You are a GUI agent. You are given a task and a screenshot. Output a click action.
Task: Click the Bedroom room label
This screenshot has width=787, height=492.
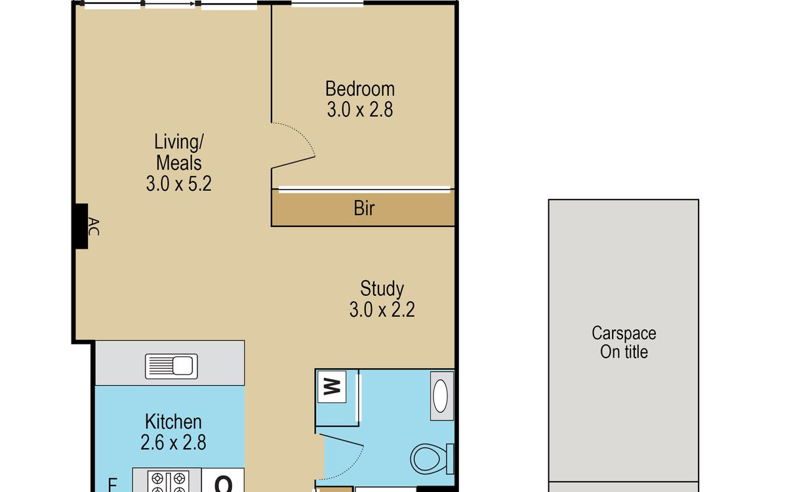(x=360, y=89)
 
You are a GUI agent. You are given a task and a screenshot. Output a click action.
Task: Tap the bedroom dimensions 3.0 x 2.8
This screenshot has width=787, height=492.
(x=360, y=110)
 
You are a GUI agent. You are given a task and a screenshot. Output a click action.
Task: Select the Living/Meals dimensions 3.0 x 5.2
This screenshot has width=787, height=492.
(x=179, y=184)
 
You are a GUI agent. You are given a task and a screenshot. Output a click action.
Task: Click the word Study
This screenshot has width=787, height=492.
(x=382, y=289)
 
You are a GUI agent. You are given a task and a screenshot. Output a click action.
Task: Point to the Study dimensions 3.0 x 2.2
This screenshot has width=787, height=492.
(x=382, y=310)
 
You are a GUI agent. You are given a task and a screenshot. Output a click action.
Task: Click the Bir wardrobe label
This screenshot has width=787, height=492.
(x=364, y=208)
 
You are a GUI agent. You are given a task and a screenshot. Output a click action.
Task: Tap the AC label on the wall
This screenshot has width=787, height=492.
(x=93, y=227)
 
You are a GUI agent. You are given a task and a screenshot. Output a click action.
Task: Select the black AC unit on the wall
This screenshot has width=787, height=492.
(x=81, y=226)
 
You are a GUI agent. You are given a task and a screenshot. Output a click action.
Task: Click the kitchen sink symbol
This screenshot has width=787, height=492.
(x=171, y=366)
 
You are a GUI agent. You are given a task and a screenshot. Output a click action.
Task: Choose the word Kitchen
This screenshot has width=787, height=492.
(x=174, y=422)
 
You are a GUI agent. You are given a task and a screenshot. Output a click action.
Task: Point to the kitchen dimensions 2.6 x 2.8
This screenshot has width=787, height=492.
(x=174, y=442)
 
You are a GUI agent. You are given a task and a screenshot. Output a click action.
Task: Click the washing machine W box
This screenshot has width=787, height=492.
(x=332, y=387)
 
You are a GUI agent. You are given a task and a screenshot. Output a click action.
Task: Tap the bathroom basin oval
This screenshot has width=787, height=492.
(x=440, y=396)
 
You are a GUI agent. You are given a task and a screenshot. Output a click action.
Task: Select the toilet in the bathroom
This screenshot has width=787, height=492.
(x=432, y=459)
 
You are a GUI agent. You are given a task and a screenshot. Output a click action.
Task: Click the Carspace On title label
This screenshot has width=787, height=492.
(x=624, y=342)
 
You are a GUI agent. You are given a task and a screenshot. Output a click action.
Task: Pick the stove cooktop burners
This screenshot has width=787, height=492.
(x=168, y=482)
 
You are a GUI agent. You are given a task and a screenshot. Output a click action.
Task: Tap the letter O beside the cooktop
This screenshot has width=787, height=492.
(x=223, y=484)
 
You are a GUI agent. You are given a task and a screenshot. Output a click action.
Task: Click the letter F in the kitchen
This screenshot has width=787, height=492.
(x=112, y=485)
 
